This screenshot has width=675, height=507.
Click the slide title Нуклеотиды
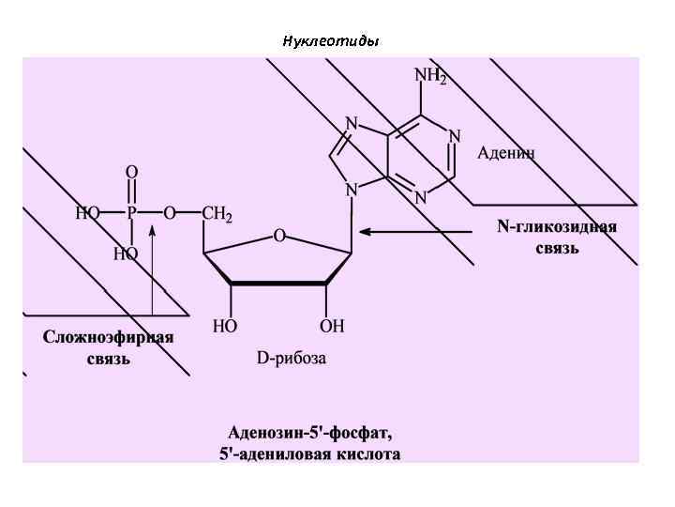coord(330,41)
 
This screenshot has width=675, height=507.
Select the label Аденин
coord(506,153)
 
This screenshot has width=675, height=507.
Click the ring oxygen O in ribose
coord(278,237)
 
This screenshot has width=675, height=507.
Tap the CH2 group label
coord(217,214)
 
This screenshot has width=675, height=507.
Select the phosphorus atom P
coord(131,214)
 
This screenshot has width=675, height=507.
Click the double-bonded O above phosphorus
coord(131,173)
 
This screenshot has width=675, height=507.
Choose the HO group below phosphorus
coord(125,253)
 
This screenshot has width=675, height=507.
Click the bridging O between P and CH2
coord(170,214)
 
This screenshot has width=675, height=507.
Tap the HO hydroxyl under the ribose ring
coord(225,327)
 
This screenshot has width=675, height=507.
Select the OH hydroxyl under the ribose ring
coord(332,327)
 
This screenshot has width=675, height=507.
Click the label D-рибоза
coord(292,359)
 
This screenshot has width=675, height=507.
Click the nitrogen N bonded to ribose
coord(352,191)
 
